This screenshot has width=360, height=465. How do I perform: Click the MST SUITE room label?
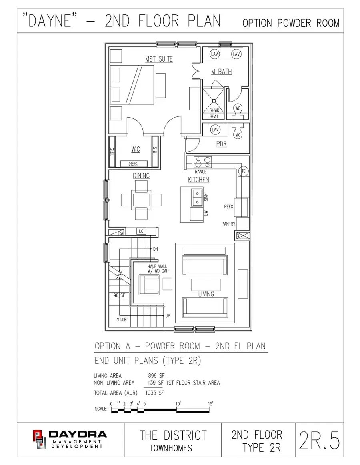159,59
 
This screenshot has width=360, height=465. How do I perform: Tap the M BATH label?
221,72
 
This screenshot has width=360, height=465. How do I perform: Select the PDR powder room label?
221,144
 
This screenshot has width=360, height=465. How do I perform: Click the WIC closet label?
135,149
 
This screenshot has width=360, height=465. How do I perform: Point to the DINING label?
141,175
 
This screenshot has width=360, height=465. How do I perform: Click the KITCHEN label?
198,180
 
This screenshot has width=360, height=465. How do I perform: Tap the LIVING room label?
206,294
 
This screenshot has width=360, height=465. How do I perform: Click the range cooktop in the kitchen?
203,162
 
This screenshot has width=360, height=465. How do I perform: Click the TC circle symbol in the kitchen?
243,171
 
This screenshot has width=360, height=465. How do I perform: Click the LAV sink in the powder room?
215,130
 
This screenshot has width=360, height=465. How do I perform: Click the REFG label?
228,207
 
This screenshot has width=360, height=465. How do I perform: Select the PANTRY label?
228,224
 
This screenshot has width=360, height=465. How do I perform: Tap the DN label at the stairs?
156,249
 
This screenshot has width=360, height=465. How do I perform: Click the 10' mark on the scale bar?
178,404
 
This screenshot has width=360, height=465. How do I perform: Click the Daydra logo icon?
39,438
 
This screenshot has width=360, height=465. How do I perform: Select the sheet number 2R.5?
319,441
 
